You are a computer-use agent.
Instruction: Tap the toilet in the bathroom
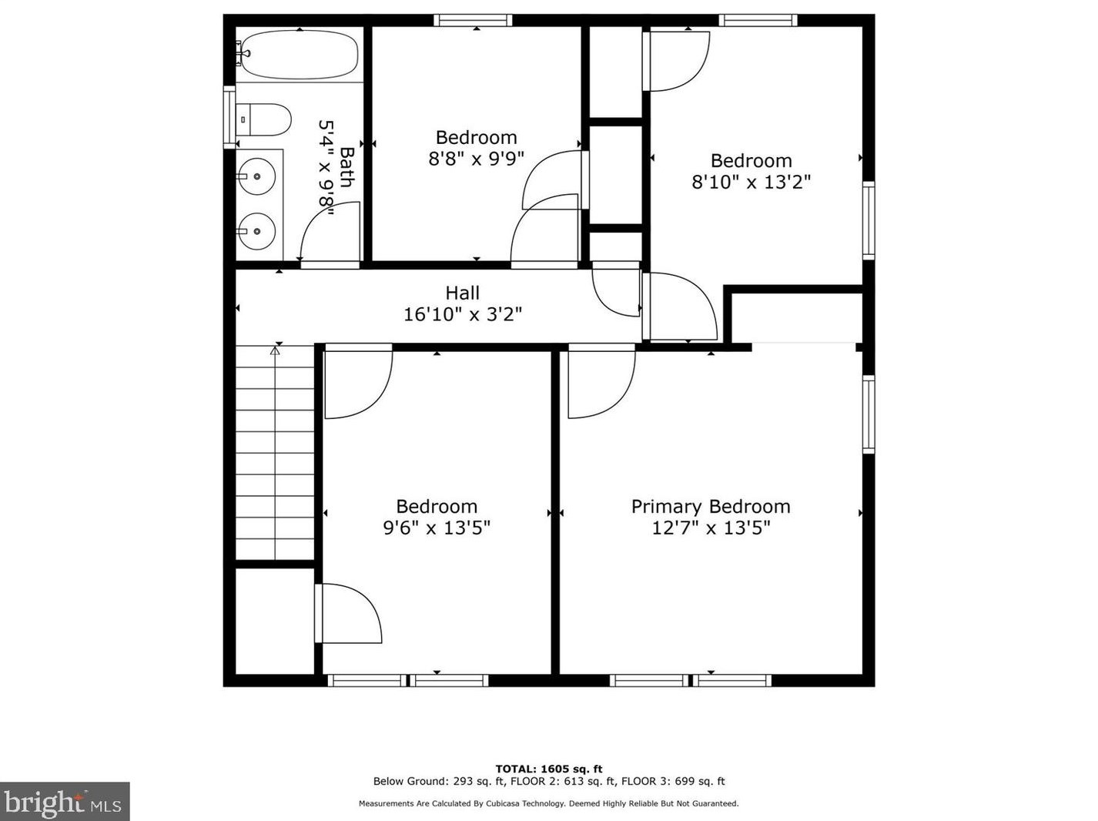point(264,120)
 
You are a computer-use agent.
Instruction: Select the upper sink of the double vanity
point(256,176)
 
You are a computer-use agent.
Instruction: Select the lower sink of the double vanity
point(256,231)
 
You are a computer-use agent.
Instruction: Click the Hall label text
point(462,293)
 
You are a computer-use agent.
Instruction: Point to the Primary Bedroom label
point(710,507)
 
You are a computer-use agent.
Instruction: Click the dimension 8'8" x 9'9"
point(476,159)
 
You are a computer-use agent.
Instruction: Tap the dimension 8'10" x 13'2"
point(751,182)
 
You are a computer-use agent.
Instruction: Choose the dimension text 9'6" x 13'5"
point(437,528)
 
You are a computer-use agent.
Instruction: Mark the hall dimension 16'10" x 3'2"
point(462,314)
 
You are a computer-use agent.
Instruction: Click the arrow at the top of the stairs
point(275,351)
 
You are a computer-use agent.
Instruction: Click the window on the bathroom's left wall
point(229,117)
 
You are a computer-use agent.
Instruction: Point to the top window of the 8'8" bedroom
point(473,20)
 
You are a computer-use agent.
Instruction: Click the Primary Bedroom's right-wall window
point(869,414)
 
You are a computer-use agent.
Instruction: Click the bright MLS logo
point(65,802)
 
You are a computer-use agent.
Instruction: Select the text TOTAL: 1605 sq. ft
point(548,769)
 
